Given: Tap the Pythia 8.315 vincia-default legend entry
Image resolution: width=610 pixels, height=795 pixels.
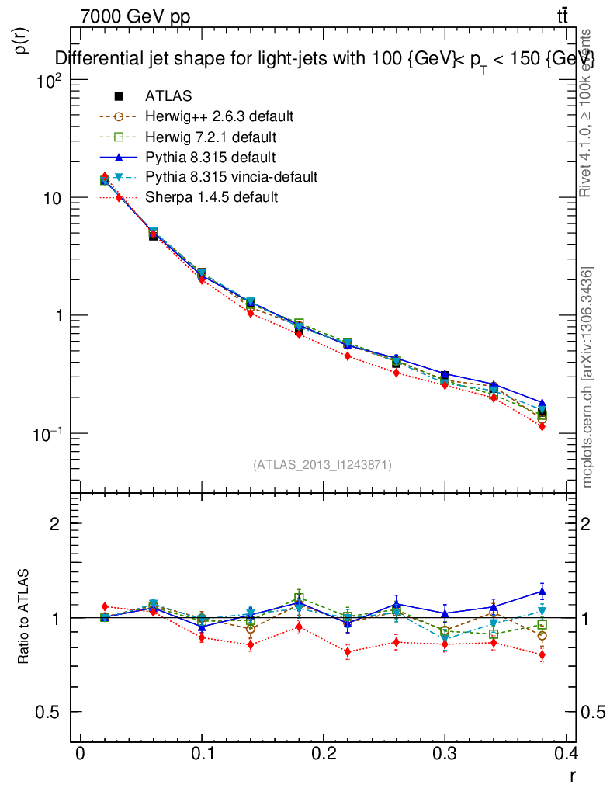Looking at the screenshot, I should (230, 177).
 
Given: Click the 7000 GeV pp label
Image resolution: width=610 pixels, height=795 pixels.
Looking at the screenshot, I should (135, 17).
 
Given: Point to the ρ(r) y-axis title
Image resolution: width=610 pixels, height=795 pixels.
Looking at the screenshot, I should (23, 40).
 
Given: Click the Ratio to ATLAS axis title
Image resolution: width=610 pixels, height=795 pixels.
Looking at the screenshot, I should (23, 618).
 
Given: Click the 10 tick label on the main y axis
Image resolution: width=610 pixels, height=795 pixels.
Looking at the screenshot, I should (53, 198).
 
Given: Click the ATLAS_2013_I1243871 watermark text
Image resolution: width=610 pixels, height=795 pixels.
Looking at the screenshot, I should (322, 464).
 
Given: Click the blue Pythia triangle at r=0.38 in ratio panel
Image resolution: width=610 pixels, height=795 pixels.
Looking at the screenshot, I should (542, 592).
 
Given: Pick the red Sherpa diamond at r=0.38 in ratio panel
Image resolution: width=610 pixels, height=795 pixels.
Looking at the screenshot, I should (542, 655).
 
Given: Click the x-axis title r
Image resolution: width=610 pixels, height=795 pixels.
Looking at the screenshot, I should (572, 774).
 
